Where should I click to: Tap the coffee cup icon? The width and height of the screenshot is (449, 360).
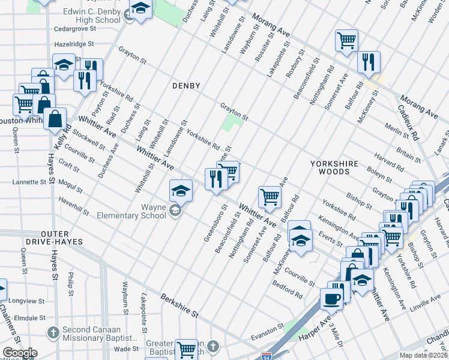[331, 298]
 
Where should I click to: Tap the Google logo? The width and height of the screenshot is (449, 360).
[19, 353]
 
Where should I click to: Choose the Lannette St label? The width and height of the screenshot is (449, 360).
[29, 182]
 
